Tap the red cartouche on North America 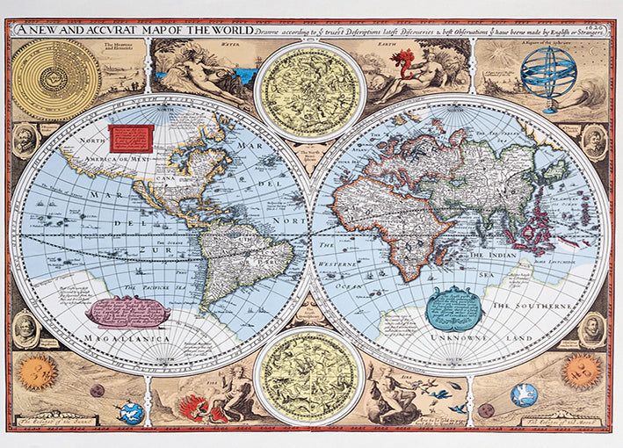point(131,136)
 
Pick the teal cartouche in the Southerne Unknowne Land point(453,307)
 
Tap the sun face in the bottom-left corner point(37,372)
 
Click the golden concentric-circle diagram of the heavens point(55,80)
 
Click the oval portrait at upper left point(25,141)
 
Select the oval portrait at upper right point(595,141)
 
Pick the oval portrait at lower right point(592,329)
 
